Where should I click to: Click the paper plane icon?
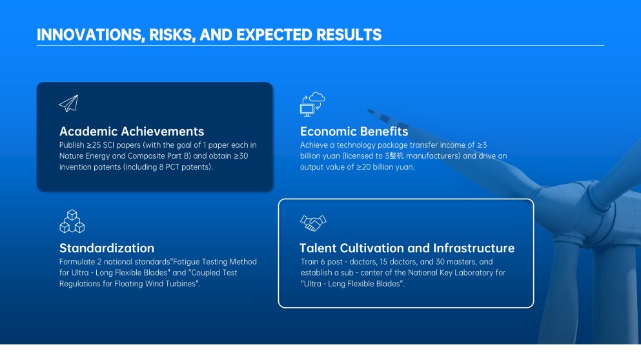[68, 103]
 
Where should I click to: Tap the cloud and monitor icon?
[312, 105]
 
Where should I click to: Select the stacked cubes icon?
[72, 221]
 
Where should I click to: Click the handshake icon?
[313, 223]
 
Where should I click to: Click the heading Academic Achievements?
[132, 131]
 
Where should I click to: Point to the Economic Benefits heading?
[354, 131]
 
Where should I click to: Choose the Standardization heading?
[107, 248]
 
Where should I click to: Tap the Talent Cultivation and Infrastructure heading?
[407, 248]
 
